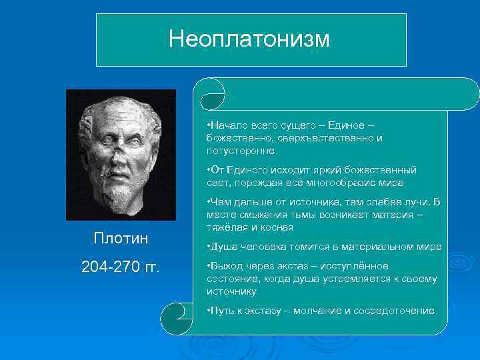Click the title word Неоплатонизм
[249, 39]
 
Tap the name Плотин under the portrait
[121, 239]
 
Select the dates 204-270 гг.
[120, 267]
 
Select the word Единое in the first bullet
[347, 126]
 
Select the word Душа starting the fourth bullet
[222, 247]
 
